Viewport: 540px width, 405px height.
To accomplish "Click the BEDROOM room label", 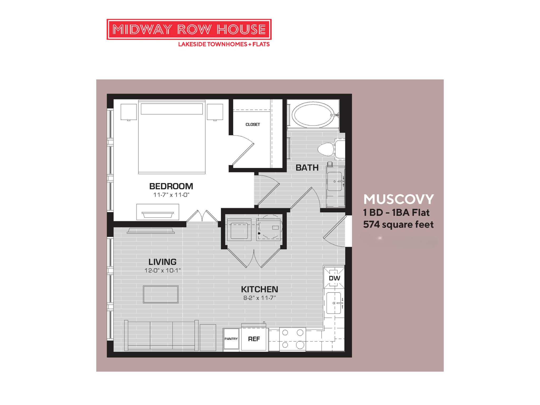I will [x=171, y=186].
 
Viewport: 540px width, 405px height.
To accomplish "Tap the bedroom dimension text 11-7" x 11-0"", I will [x=171, y=195].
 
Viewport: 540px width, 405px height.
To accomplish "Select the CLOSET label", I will [x=253, y=124].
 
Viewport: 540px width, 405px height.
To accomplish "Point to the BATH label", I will [x=307, y=168].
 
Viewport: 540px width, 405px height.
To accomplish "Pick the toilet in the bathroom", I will [x=327, y=149].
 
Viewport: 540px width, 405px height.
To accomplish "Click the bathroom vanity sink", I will [x=335, y=181].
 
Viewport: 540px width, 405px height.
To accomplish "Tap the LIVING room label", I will [x=162, y=262].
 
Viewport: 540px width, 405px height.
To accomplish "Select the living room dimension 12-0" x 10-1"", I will [x=162, y=271].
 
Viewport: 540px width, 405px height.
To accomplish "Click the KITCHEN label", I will [x=259, y=289].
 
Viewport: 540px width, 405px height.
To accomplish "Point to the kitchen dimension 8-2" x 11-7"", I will [x=259, y=298].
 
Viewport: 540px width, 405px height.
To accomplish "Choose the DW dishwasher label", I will [x=334, y=278].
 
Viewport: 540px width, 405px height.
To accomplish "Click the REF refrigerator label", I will [x=254, y=339].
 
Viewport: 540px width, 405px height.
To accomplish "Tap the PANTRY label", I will [x=231, y=339].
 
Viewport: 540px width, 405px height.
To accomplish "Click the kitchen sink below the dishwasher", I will [x=334, y=303].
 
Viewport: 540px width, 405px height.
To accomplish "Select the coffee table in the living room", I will [x=161, y=294].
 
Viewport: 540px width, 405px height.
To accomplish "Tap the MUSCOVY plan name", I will [x=398, y=199].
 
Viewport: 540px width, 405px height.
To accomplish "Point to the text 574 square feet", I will [x=398, y=225].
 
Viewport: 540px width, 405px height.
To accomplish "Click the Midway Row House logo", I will [x=189, y=30].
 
